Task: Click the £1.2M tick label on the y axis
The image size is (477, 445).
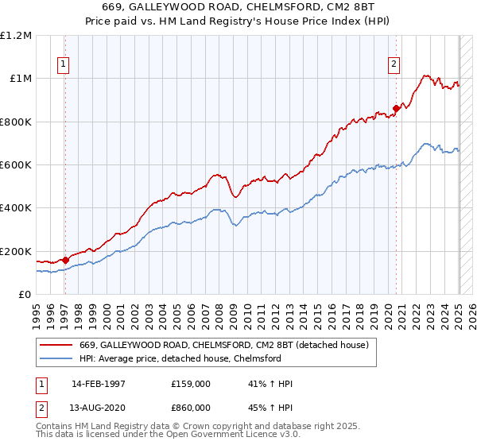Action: [16, 36]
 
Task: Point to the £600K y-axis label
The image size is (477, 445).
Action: [16, 165]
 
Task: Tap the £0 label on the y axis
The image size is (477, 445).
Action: [25, 295]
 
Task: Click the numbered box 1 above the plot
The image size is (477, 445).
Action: [63, 66]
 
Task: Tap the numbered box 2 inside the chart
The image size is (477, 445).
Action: [393, 66]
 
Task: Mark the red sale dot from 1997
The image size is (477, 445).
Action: [65, 260]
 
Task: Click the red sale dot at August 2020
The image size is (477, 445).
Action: [396, 109]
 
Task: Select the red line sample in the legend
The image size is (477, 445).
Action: [55, 346]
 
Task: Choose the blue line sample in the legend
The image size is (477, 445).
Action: [55, 358]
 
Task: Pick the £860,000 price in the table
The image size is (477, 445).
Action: [191, 406]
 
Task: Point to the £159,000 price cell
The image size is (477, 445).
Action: [191, 384]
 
